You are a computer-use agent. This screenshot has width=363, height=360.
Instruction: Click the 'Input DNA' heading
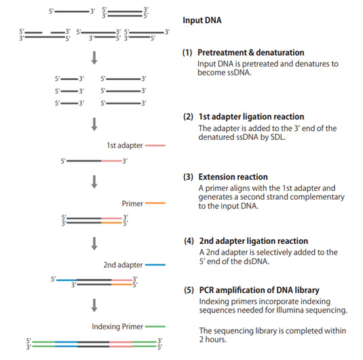(x=202, y=20)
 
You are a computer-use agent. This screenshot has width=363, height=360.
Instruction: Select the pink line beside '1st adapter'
(x=155, y=145)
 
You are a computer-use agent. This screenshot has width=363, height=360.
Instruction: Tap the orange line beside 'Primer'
(x=155, y=203)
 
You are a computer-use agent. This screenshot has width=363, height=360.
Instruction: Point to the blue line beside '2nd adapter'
(x=155, y=265)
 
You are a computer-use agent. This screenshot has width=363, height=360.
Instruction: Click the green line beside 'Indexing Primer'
(x=155, y=327)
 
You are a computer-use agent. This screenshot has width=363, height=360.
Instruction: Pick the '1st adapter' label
(x=125, y=145)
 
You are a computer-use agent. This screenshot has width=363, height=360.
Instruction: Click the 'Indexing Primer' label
(x=117, y=327)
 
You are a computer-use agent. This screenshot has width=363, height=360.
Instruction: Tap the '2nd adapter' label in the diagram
(x=123, y=265)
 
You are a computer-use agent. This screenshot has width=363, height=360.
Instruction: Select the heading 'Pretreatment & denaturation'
(x=251, y=52)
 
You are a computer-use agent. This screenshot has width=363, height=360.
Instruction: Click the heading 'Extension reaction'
(x=233, y=177)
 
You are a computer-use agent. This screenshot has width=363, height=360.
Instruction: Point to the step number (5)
(x=189, y=290)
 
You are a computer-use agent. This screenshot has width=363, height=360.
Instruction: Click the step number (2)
(x=188, y=117)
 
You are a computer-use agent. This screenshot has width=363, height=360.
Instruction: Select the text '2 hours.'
(x=213, y=340)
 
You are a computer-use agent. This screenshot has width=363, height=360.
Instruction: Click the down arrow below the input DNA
(x=94, y=58)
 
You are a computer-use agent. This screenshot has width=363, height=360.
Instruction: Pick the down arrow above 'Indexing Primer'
(x=94, y=306)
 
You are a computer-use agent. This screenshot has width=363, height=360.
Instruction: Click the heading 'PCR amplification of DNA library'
(x=259, y=290)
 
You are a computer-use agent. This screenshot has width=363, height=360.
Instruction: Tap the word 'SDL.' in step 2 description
(x=278, y=137)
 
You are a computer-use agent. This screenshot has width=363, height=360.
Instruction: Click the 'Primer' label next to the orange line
(x=132, y=204)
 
